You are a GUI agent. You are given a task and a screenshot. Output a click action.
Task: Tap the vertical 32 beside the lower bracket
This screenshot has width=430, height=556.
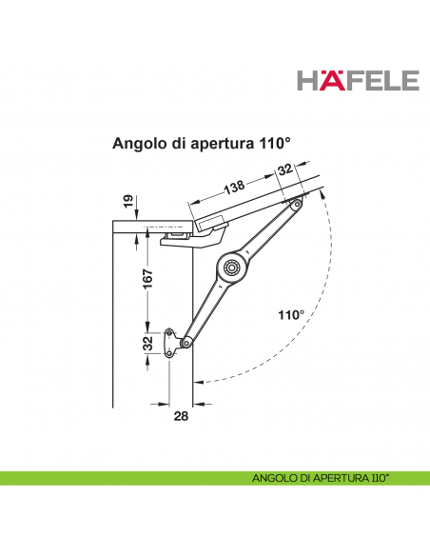pos(147,343)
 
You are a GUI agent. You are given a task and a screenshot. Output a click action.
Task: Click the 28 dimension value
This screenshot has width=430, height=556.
pos(182,414)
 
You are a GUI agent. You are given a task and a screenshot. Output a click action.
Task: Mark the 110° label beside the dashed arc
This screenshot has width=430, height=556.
pos(291,314)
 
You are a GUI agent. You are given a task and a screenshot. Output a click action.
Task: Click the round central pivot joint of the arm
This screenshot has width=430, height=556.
pos(230,268)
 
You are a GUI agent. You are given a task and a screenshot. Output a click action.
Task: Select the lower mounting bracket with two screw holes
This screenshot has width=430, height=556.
pos(172,343)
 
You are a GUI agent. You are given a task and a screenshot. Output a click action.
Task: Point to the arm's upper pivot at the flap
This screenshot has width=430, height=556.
pos(297,205)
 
